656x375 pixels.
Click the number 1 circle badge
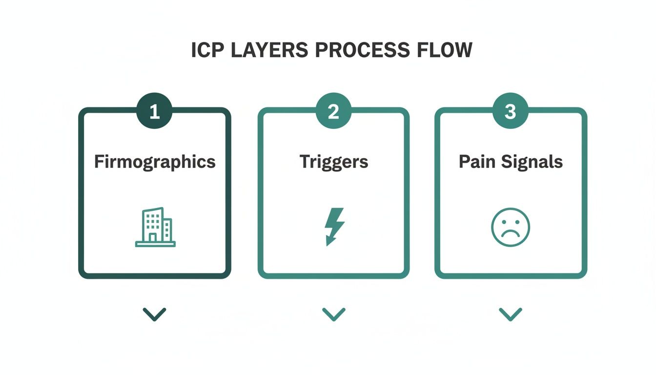[x=155, y=112]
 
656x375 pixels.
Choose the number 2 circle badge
[x=333, y=112]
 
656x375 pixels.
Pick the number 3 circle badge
[x=510, y=112]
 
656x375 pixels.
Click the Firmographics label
[x=155, y=162]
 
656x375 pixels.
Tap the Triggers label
[x=334, y=162]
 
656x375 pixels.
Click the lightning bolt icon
[x=334, y=227]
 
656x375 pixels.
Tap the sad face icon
[x=510, y=228]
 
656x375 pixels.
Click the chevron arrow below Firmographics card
[x=155, y=313]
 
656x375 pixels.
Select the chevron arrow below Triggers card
[x=334, y=313]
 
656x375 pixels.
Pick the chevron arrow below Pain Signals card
[x=511, y=313]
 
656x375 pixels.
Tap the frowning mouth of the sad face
[x=510, y=235]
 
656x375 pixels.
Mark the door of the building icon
[x=153, y=237]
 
